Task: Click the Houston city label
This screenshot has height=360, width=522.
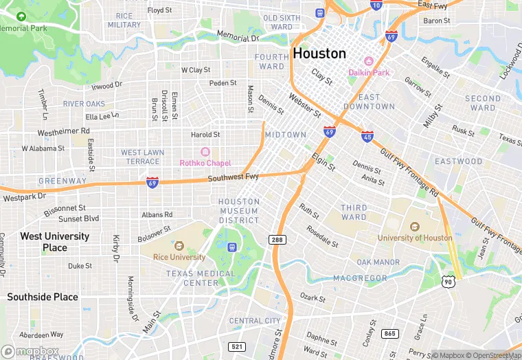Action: pos(319,53)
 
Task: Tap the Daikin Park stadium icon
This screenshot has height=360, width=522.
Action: pos(367,61)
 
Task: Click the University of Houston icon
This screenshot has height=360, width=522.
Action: pos(414,227)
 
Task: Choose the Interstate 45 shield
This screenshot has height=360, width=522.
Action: pos(367,136)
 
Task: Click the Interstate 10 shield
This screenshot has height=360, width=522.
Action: pos(376,5)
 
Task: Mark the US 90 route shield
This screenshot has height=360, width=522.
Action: pos(448,281)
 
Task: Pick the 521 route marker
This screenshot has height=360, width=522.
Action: pos(237,346)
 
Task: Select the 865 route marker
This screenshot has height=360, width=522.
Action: pos(390,333)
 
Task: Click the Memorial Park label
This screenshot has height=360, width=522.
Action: pos(24,28)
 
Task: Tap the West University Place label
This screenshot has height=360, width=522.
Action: pos(55,241)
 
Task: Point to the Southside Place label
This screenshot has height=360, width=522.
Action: pos(43,297)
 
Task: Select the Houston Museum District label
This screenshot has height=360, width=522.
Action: pos(239,211)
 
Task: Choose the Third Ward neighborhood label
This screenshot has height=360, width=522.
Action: pos(354,212)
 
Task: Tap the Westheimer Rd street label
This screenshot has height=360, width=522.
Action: pos(63,131)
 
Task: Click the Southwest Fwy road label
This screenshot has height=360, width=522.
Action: pos(234,178)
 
